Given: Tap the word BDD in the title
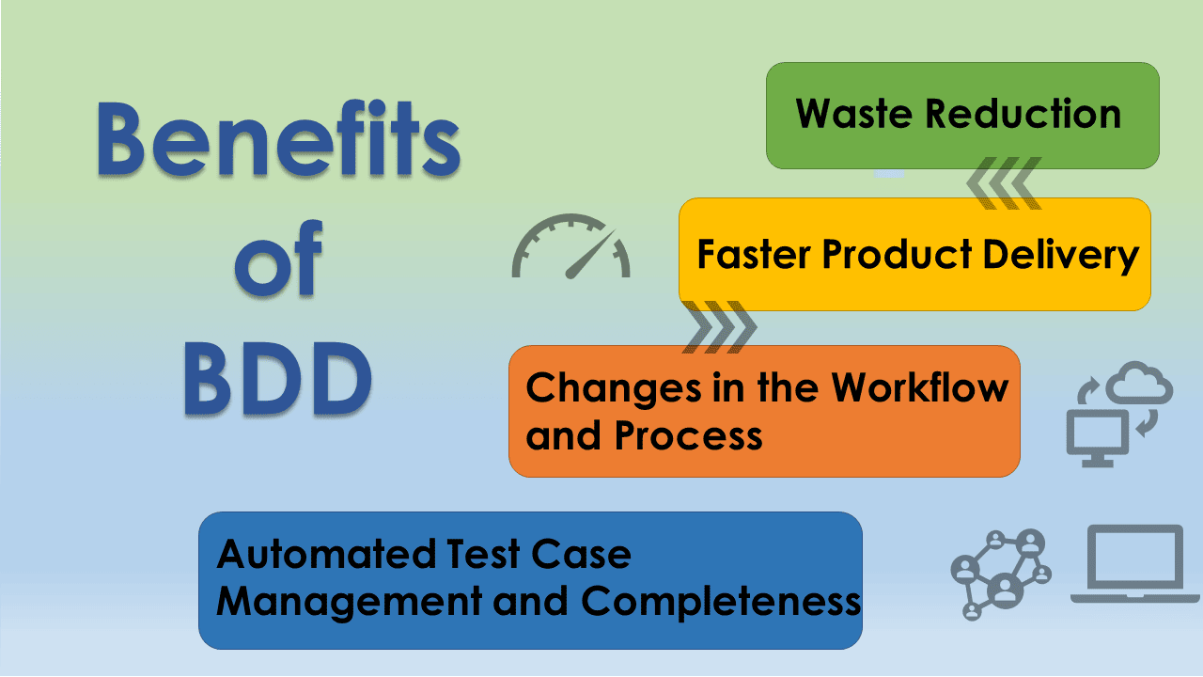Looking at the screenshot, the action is click(278, 379).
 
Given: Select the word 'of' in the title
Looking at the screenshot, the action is click(279, 258).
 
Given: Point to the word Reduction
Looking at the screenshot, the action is click(1023, 114).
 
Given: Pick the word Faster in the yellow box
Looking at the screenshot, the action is click(754, 254).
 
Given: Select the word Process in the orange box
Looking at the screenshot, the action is click(689, 435).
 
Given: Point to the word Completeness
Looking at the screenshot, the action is click(721, 603).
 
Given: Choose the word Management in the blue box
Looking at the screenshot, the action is click(349, 603).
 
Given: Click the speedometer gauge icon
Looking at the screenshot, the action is click(570, 247).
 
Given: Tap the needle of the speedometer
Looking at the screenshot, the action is click(590, 254).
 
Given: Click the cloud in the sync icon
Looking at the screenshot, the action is click(1140, 383).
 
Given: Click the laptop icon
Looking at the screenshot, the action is click(1134, 564).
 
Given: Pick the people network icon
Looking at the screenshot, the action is click(1001, 575).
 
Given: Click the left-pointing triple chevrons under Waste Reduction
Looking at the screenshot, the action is click(1004, 183).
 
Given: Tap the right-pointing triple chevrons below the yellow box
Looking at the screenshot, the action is click(720, 326).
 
